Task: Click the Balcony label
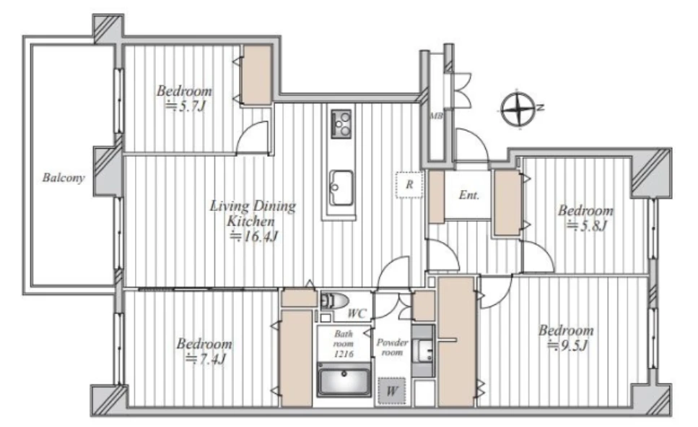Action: click(x=64, y=178)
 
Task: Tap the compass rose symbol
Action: click(x=518, y=109)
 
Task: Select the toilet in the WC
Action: click(x=334, y=301)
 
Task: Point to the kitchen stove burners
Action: click(x=341, y=124)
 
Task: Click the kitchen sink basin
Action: click(x=341, y=188)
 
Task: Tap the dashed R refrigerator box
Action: click(x=409, y=185)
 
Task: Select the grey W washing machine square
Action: click(x=391, y=392)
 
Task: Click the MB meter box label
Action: click(x=436, y=116)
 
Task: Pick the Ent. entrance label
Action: click(x=468, y=195)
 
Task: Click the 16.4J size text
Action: click(x=254, y=236)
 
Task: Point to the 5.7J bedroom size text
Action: click(x=186, y=106)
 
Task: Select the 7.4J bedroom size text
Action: click(x=206, y=359)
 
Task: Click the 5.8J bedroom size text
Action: click(x=587, y=226)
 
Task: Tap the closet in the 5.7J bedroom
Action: click(x=257, y=75)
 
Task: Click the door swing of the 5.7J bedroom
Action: click(x=253, y=138)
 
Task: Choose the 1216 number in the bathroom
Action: click(x=344, y=354)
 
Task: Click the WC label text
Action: click(x=357, y=314)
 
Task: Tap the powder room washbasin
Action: click(x=422, y=351)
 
